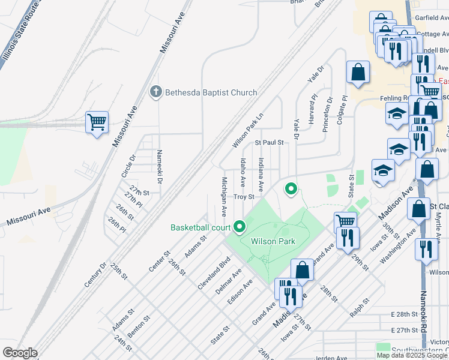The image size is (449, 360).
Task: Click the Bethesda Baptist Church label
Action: (211, 92)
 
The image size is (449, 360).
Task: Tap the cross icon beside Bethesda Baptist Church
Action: (155, 92)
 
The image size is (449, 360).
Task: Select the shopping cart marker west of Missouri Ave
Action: (97, 122)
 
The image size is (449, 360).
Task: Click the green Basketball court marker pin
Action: (240, 227)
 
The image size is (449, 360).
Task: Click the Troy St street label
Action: (244, 197)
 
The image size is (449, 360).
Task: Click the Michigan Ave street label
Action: (223, 196)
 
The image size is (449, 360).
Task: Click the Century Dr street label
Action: (95, 274)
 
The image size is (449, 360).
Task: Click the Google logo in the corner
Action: (20, 353)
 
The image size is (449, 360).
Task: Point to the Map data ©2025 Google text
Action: (412, 355)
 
